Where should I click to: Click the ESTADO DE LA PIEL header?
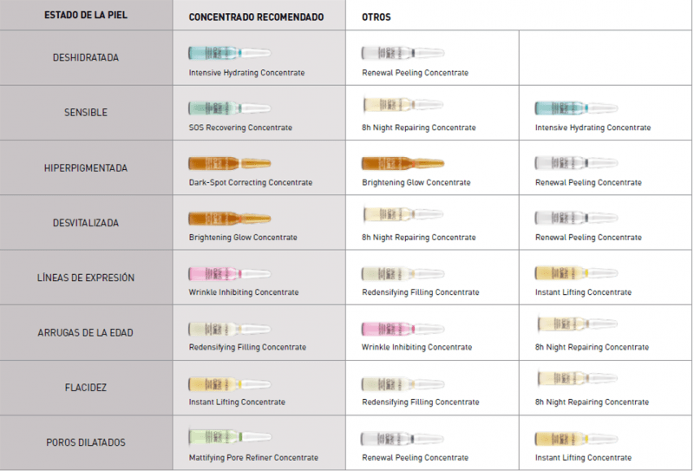pos(85,15)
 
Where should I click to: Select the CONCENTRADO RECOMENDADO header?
pos(256,17)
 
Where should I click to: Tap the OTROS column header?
pos(376,17)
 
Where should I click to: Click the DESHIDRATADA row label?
pos(85,57)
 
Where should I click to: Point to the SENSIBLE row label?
pos(85,113)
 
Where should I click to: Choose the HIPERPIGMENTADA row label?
pos(85,167)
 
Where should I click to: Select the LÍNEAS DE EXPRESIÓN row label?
pos(85,278)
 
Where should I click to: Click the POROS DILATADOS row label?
pos(85,442)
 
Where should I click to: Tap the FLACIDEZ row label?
pos(85,388)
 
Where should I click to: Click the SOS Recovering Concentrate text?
pos(240,128)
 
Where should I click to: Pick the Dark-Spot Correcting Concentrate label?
pos(251,182)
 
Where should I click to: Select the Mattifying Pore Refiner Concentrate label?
pos(253,457)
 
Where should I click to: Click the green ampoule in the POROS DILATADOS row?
pos(230,437)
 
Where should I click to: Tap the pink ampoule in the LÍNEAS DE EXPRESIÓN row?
pos(230,273)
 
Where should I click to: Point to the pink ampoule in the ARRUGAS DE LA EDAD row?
pos(403,329)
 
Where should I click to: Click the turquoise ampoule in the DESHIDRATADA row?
pos(230,53)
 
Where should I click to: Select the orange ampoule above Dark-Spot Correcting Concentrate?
pos(230,163)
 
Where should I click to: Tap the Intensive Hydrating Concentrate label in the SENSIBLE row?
pos(593,128)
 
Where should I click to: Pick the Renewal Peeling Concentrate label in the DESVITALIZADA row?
pos(588,238)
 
